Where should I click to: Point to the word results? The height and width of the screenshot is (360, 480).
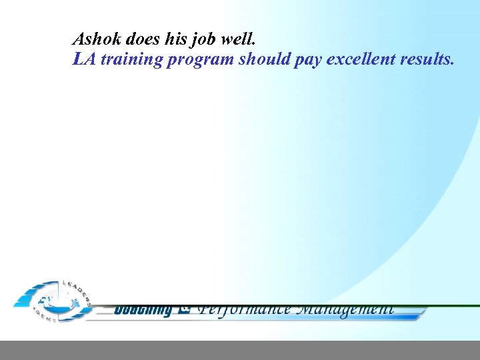point(427,59)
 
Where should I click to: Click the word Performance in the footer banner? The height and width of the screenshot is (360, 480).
point(245,309)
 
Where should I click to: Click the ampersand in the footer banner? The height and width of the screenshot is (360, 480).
point(186,309)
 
